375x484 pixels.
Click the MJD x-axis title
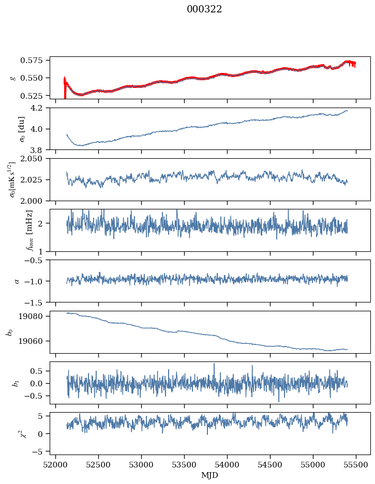(x=210, y=475)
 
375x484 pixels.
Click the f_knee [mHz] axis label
(x=14, y=230)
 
